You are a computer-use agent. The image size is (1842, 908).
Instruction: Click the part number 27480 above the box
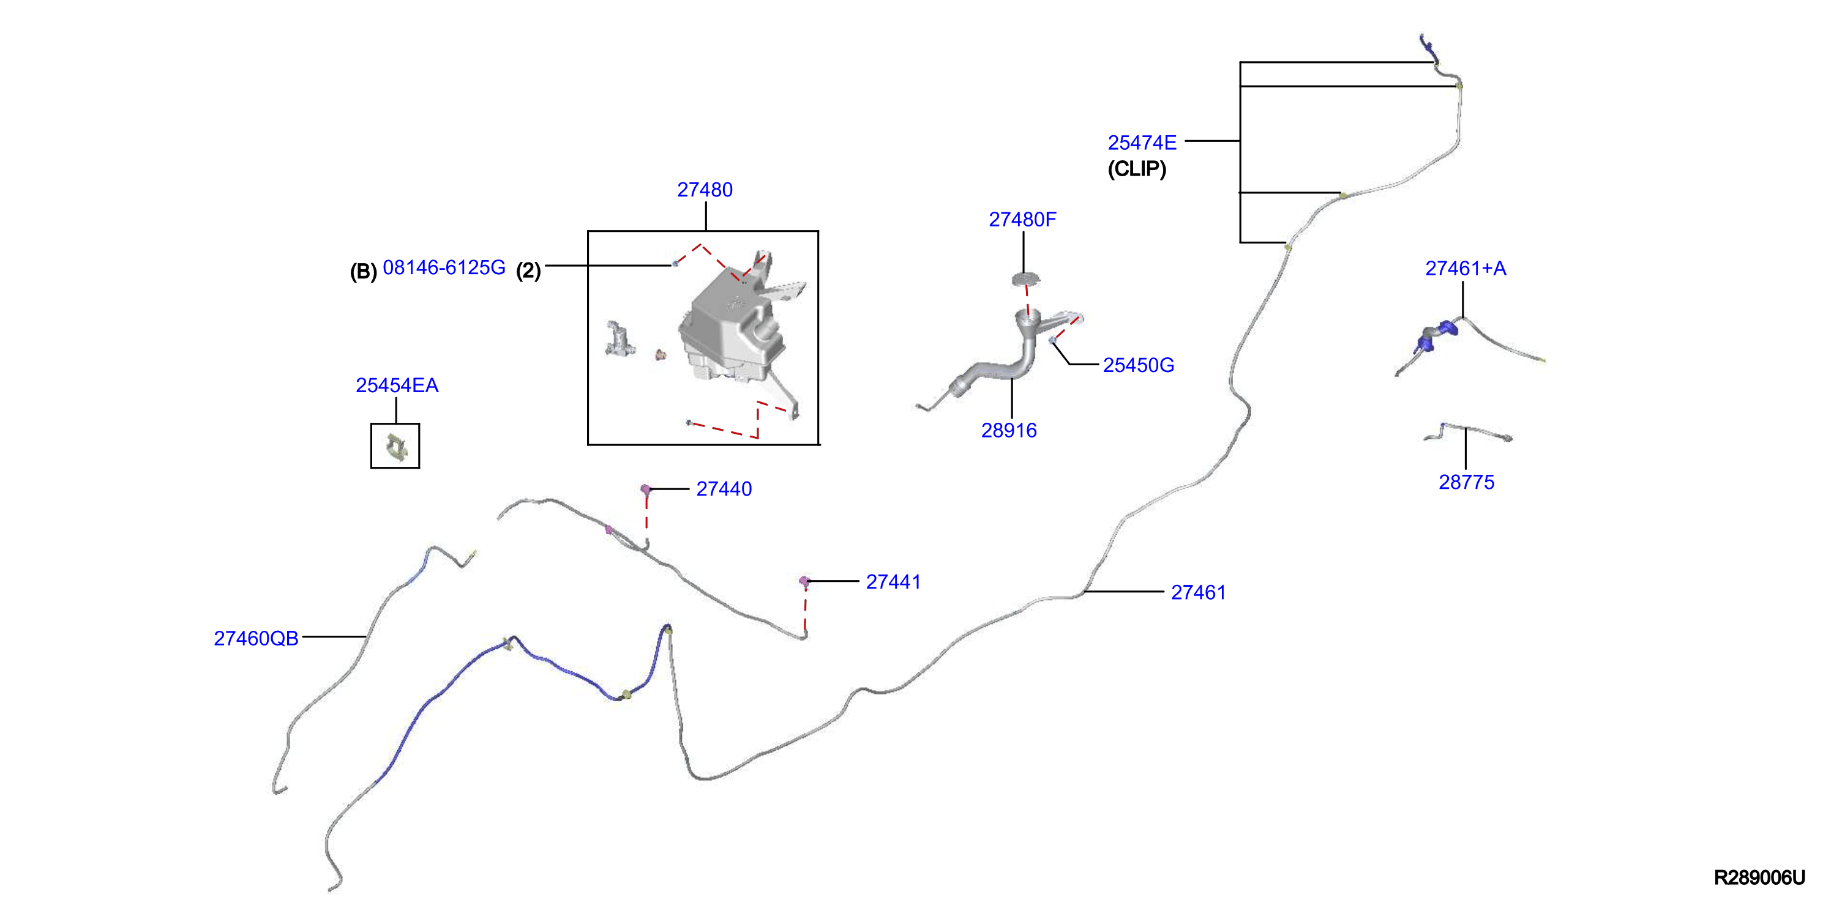[705, 190]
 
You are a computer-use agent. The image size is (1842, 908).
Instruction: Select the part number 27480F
[1022, 220]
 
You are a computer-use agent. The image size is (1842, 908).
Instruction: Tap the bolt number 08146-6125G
[444, 267]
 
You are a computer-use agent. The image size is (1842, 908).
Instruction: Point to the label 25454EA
[397, 385]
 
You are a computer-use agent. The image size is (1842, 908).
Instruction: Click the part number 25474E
[1142, 143]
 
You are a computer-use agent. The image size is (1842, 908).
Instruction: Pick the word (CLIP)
[1137, 169]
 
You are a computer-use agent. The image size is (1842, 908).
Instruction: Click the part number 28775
[1466, 482]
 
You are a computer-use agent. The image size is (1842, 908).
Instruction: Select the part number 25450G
[1139, 365]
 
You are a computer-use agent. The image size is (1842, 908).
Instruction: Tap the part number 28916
[1008, 430]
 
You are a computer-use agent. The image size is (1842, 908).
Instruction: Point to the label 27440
[724, 489]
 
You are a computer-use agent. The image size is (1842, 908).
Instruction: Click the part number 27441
[893, 582]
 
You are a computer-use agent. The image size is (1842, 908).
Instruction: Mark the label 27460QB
[256, 638]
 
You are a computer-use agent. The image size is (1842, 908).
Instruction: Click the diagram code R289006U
[1759, 877]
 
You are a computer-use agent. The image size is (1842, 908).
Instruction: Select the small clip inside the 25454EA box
[395, 447]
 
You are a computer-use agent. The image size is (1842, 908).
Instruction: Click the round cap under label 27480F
[1025, 278]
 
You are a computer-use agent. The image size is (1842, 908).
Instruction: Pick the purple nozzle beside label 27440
[645, 489]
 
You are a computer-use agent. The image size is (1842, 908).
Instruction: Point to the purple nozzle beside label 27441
[804, 581]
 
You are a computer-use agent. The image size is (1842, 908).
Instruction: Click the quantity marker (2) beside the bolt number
[528, 271]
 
